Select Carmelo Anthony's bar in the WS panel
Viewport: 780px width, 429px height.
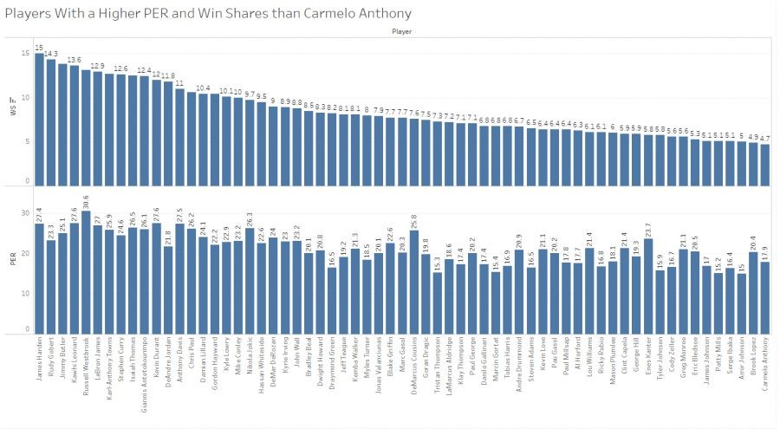tap(764, 164)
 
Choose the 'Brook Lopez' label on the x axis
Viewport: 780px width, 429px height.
tap(752, 360)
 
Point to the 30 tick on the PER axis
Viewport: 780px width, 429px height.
tap(25, 212)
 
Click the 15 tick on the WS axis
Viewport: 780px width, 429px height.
tap(25, 54)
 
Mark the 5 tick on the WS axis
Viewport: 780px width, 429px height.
tap(27, 140)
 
